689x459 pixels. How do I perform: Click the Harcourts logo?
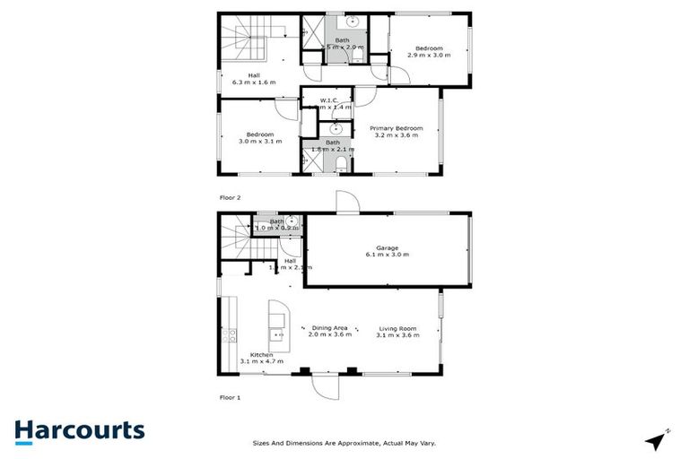coord(79,430)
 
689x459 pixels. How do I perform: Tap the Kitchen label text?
coord(261,356)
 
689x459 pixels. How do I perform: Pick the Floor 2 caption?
coord(231,196)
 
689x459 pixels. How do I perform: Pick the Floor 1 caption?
coord(231,396)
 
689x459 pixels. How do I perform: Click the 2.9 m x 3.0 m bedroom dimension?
coord(429,55)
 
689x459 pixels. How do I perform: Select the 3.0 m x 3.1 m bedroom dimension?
coord(260,142)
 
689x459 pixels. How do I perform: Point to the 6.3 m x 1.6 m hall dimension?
coord(254,82)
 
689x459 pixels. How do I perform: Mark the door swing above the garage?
coord(347,202)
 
